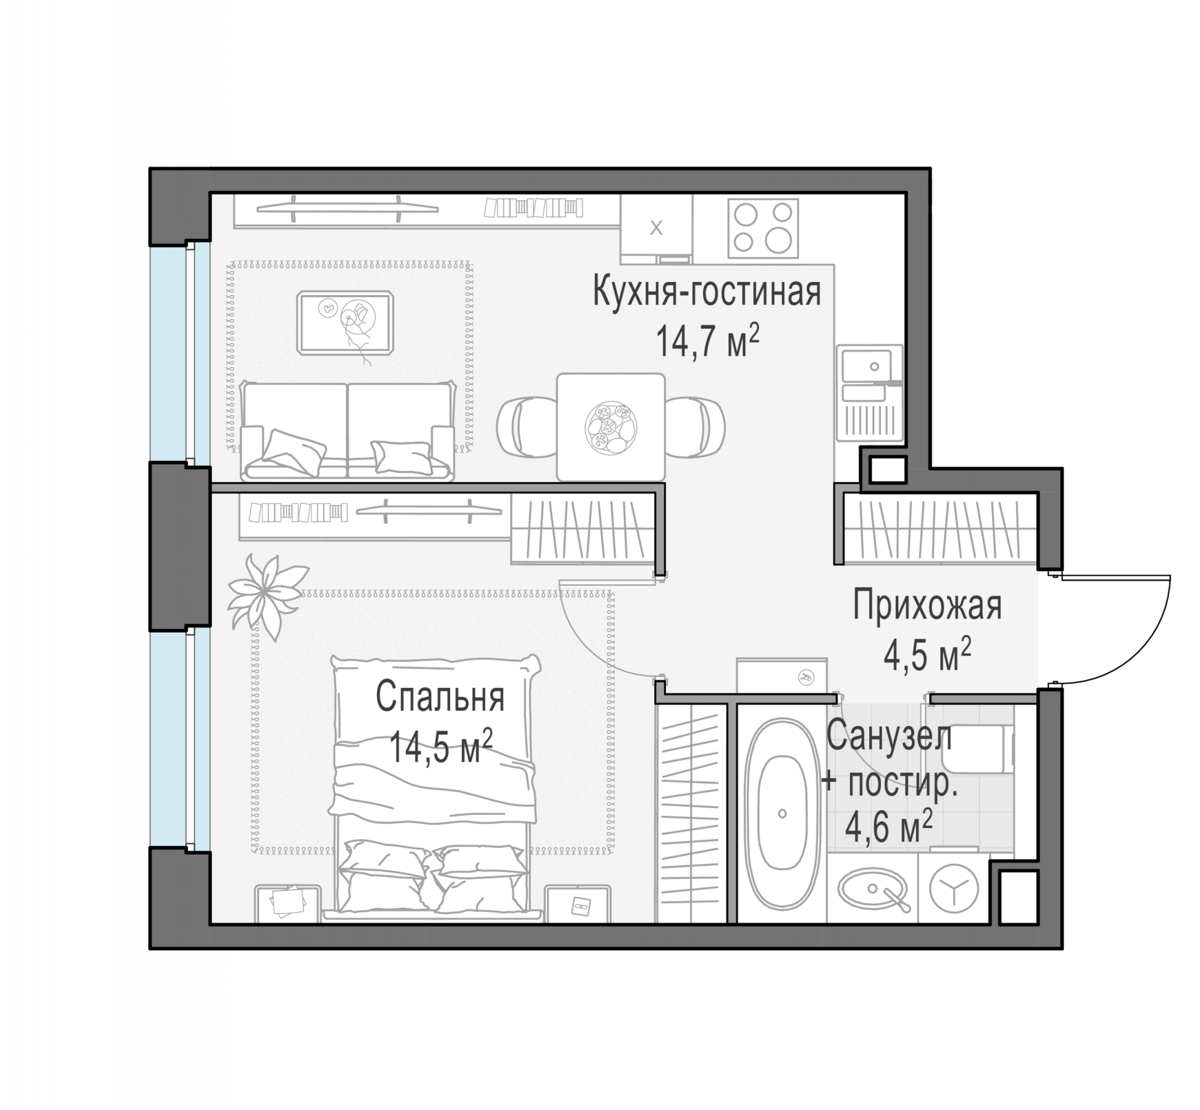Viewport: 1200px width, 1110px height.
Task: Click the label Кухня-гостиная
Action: coord(707,292)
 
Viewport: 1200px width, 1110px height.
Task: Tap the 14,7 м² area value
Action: coord(708,341)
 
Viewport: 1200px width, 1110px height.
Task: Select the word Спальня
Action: coord(440,697)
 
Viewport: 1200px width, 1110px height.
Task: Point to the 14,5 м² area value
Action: coord(441,746)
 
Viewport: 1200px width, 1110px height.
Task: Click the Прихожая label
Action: coord(927,606)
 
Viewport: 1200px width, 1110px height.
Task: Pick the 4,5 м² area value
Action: coord(927,654)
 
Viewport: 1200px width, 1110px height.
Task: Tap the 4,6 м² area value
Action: coord(889,826)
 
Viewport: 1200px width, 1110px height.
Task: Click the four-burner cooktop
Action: coord(763,228)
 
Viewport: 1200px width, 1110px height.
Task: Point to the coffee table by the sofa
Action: coord(345,322)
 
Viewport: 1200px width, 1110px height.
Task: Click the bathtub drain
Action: coord(782,814)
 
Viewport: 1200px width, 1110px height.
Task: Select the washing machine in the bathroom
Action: coord(954,888)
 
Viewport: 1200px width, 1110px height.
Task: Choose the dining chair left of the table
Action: coord(527,427)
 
